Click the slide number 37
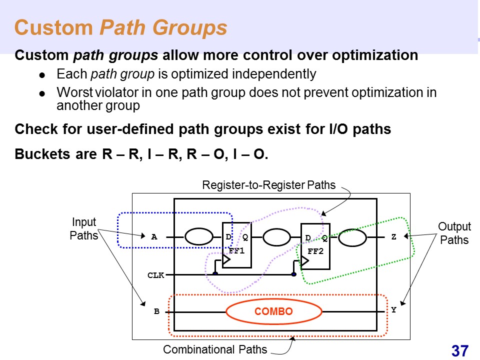click(460, 350)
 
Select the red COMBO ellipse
click(273, 311)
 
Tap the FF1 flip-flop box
click(236, 244)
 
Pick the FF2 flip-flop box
click(315, 245)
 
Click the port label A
click(154, 237)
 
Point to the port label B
click(156, 311)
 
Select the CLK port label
click(155, 274)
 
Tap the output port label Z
click(393, 237)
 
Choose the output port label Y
click(393, 310)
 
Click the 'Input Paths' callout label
click(83, 229)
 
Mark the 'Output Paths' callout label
click(454, 233)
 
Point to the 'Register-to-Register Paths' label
click(268, 185)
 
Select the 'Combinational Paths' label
click(215, 349)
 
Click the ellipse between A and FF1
click(198, 237)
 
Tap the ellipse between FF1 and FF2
click(277, 238)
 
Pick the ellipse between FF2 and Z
click(352, 238)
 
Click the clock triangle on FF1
click(226, 260)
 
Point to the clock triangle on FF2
click(305, 260)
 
